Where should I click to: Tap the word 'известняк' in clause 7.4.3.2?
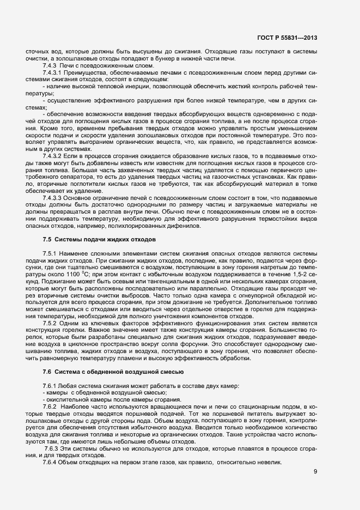pyautogui.click(x=145, y=163)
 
